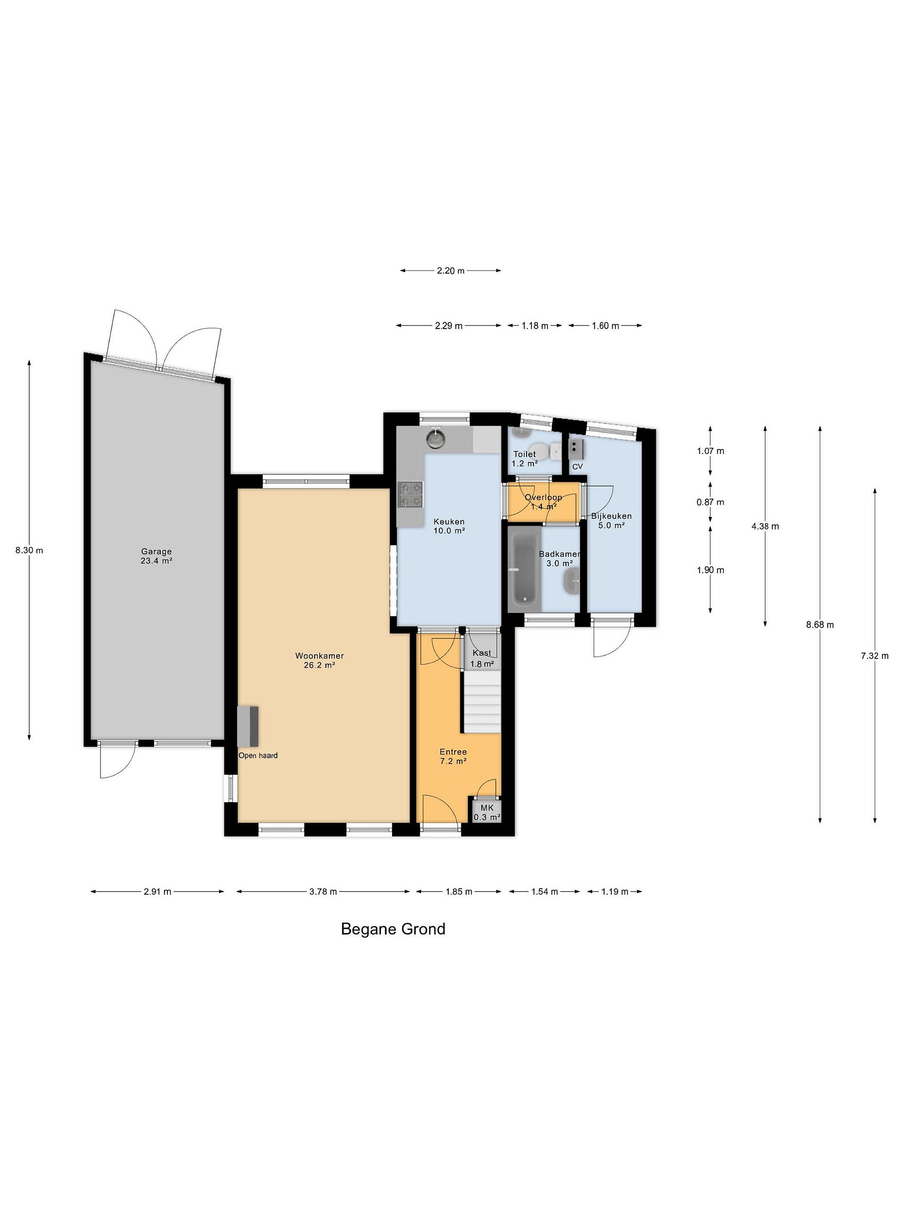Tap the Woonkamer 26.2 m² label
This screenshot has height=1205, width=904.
[319, 660]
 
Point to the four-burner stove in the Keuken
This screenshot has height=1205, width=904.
[411, 494]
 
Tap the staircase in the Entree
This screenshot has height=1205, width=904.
[482, 702]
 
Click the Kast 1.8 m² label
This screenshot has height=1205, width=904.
[482, 658]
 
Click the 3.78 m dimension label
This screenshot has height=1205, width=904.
[323, 891]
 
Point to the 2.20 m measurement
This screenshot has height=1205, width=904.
[451, 270]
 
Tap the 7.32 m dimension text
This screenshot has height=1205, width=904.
[875, 656]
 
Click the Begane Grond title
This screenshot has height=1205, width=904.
[393, 929]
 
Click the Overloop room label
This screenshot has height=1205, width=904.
[543, 497]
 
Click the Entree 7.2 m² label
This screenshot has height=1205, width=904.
[453, 756]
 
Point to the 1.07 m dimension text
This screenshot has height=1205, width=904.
[711, 451]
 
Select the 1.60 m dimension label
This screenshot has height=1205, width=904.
[606, 326]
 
